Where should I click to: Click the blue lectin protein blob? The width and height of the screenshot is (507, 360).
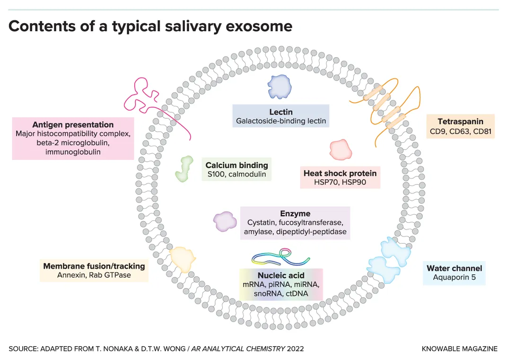278,87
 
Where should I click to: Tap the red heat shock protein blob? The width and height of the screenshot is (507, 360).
341,149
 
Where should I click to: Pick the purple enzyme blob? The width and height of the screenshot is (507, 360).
225,221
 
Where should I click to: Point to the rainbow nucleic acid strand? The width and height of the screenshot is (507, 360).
281,256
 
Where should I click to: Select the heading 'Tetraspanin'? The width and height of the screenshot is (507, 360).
460,122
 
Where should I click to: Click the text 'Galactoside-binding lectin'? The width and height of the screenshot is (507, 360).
281,121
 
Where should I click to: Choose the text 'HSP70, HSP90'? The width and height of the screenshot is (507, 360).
340,182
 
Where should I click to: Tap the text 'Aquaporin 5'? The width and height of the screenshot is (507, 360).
454,277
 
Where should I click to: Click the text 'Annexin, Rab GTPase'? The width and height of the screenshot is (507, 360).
94,275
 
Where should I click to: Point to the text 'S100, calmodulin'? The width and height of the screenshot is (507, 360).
236,174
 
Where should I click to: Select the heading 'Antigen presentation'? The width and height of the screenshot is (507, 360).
73,124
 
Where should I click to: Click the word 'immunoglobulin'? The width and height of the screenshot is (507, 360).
73,152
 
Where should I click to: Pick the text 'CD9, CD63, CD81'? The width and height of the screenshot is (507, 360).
460,131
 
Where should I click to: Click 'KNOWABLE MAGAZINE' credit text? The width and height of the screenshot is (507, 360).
459,349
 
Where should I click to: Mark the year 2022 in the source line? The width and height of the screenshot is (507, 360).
293,349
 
